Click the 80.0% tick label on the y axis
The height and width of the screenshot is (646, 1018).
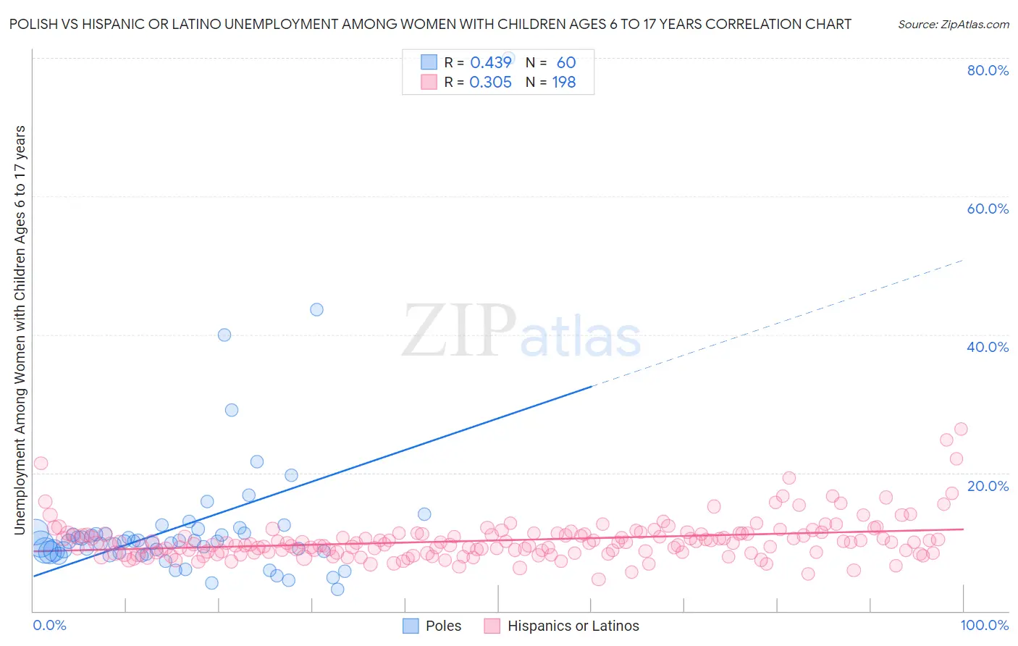(988, 70)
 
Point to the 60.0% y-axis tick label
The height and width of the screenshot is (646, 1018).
(988, 209)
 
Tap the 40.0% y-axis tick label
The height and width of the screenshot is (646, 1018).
(988, 347)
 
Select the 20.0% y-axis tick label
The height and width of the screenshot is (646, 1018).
(988, 486)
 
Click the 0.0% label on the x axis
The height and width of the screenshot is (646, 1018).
(49, 625)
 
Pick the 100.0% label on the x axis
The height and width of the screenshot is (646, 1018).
(985, 625)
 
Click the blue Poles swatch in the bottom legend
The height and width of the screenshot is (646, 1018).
(411, 626)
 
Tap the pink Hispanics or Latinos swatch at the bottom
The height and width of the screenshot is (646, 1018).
(492, 626)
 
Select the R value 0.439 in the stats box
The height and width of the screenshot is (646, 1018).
(490, 62)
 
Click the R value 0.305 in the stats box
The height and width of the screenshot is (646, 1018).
(490, 83)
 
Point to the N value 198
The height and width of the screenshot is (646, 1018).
(564, 83)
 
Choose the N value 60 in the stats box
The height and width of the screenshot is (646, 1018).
(566, 62)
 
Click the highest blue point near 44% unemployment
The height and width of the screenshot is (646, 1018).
(316, 309)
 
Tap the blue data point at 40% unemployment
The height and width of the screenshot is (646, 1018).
(224, 335)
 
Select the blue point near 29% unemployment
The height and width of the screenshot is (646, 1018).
(232, 410)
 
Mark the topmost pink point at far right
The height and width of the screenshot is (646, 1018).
(961, 429)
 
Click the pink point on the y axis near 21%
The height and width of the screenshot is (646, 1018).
(41, 463)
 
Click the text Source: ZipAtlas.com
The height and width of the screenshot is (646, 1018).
(953, 24)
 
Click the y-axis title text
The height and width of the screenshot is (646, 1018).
(20, 330)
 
